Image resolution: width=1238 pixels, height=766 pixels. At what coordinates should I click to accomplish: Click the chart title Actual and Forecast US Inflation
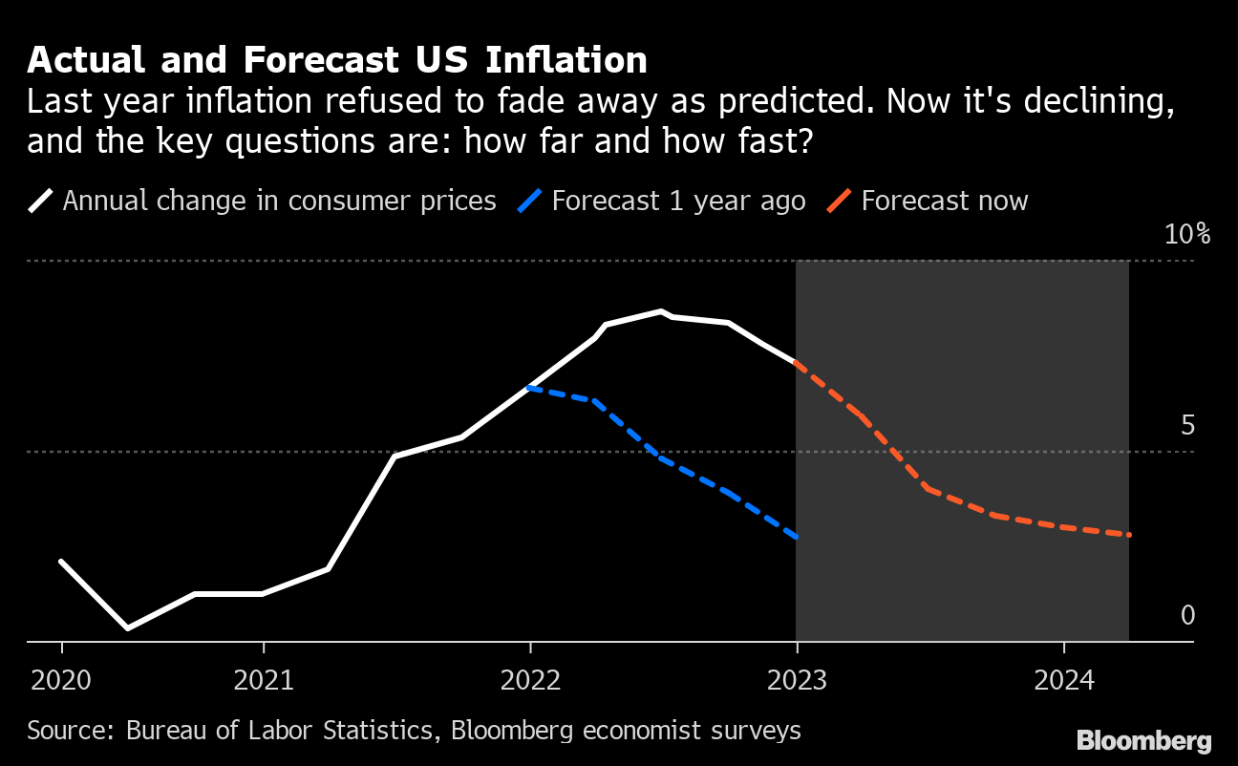click(337, 60)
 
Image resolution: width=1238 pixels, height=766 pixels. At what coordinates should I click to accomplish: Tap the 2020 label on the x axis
click(61, 681)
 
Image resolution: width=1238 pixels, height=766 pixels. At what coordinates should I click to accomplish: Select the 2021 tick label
click(263, 681)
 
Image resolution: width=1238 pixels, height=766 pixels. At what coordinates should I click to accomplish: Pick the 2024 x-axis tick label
click(1063, 681)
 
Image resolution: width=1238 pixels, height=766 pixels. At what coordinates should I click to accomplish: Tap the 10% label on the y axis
click(1187, 234)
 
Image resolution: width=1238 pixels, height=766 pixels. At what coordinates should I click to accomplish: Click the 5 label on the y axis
click(1187, 425)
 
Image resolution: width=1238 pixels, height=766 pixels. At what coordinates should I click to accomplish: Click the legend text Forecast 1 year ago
click(678, 202)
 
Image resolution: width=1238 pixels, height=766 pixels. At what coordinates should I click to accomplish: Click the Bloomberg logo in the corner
click(1143, 740)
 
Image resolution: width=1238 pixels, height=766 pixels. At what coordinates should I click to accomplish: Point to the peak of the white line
click(661, 311)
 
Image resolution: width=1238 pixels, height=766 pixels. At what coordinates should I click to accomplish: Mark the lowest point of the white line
click(128, 628)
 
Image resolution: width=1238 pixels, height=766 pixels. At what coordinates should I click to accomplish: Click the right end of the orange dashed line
click(1129, 535)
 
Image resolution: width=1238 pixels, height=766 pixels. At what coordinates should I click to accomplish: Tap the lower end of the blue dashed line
click(796, 538)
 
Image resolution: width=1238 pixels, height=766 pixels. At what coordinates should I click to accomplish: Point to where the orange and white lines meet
click(796, 364)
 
